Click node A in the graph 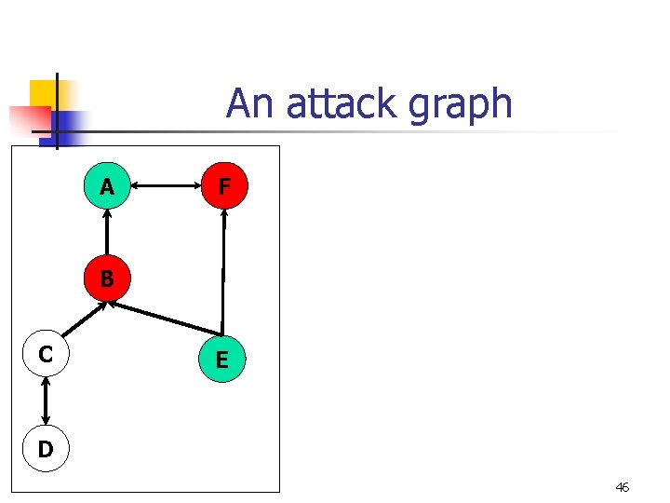[107, 187]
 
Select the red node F [223, 187]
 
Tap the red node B [107, 278]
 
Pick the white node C [46, 354]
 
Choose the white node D [46, 449]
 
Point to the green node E [221, 360]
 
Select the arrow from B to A [107, 232]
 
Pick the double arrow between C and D [46, 401]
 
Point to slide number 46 [622, 487]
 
